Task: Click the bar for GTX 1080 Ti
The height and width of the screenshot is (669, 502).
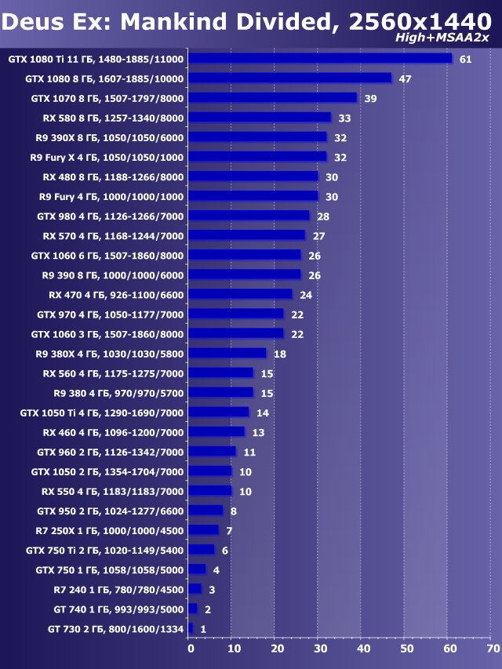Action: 320,58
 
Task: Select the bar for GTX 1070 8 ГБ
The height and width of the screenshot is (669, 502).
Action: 273,97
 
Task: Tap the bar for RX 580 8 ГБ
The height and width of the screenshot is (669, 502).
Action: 260,117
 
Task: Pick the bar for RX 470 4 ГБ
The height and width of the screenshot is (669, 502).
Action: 241,294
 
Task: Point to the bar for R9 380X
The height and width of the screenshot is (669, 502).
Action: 227,353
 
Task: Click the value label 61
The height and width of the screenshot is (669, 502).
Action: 465,59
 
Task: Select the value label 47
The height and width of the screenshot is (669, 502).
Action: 406,78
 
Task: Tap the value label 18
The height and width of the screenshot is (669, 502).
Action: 279,354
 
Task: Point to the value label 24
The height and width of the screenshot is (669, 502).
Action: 306,295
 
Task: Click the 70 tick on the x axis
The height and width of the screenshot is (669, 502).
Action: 493,649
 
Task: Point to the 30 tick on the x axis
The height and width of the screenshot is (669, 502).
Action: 319,649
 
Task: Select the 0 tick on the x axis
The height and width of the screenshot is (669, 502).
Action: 190,649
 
